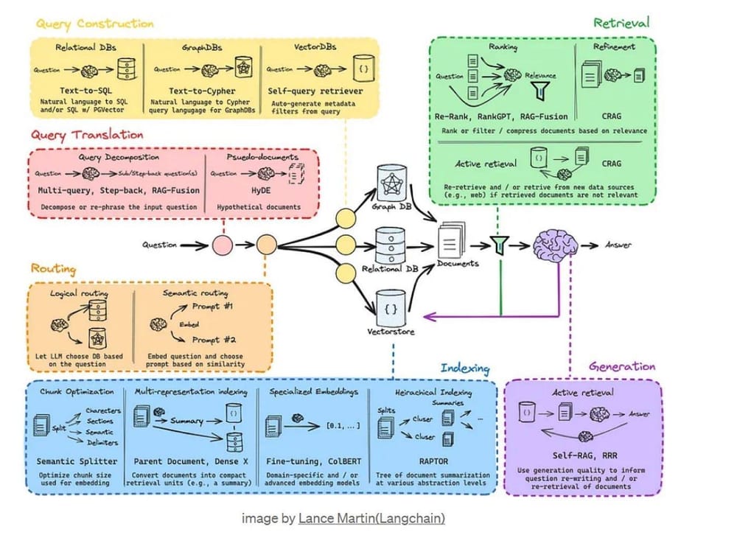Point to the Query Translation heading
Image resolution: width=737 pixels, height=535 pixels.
(87, 136)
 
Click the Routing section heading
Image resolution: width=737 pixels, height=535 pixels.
(56, 268)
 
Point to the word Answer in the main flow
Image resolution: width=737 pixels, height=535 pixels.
(618, 245)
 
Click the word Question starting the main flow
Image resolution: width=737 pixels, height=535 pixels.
(161, 245)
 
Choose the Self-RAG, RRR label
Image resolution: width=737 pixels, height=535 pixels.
(579, 455)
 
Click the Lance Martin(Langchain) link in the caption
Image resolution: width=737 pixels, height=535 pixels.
(371, 519)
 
